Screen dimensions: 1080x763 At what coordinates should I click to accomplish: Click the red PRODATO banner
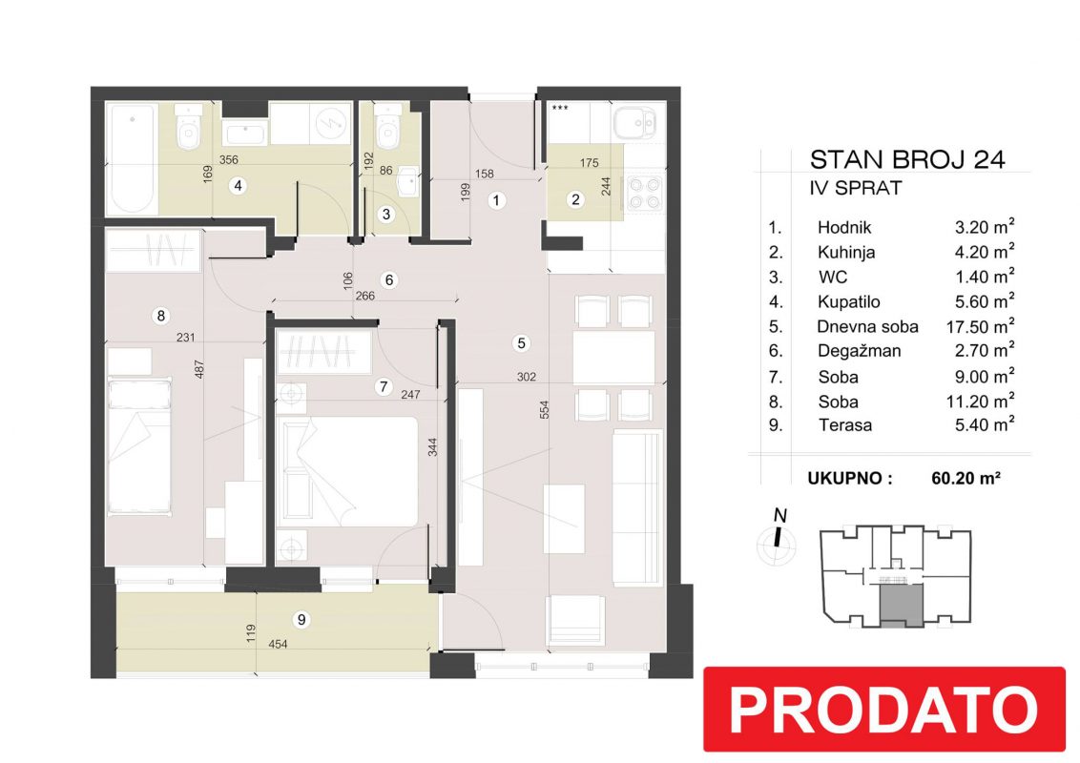[x=883, y=709]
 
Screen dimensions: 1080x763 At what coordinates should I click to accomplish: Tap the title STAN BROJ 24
[x=907, y=160]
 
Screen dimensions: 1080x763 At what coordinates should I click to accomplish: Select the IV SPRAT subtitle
[x=856, y=188]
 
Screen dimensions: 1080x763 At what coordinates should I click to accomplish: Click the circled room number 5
[x=522, y=343]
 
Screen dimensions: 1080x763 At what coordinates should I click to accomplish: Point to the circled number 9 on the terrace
[x=301, y=620]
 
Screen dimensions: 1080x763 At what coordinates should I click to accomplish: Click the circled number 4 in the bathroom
[x=238, y=185]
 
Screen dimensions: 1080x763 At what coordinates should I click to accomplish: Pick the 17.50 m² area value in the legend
[x=980, y=326]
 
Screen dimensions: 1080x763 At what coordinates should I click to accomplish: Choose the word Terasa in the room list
[x=845, y=424]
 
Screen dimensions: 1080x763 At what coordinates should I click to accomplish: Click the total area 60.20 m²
[x=966, y=477]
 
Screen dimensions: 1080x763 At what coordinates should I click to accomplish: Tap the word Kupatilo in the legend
[x=848, y=301]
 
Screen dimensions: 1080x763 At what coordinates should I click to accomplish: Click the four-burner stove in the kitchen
[x=644, y=193]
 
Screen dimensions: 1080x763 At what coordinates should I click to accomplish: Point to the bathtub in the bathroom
[x=132, y=159]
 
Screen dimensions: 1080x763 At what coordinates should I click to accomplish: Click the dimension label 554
[x=544, y=410]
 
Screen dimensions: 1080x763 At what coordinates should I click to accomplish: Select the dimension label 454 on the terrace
[x=278, y=645]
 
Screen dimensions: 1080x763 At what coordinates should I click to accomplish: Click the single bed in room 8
[x=139, y=446]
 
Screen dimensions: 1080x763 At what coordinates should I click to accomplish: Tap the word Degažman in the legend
[x=859, y=351]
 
